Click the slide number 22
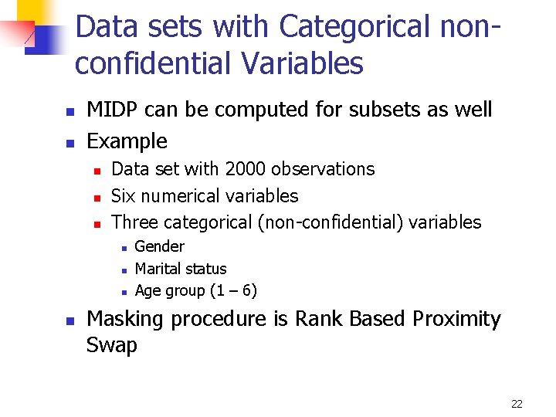[x=517, y=404]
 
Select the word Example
[x=127, y=141]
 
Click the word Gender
[x=159, y=247]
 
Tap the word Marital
[x=158, y=269]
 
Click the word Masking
[x=126, y=320]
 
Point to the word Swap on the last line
[x=112, y=345]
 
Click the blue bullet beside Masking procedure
[x=70, y=320]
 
